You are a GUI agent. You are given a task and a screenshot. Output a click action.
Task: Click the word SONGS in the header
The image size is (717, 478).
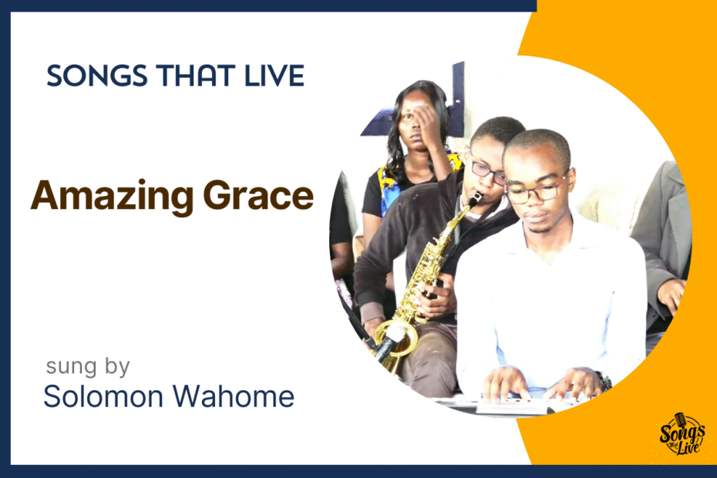[x=97, y=76]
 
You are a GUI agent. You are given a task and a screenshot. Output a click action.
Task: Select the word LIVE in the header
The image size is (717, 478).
[x=274, y=76]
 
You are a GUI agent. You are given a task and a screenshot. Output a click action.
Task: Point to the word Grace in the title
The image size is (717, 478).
[x=258, y=195]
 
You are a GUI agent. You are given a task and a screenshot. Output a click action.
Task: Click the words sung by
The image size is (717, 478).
[x=88, y=367]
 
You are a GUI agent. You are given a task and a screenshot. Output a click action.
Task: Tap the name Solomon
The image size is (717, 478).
[x=103, y=396]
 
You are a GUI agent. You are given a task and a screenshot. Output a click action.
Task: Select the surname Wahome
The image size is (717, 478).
[x=233, y=396]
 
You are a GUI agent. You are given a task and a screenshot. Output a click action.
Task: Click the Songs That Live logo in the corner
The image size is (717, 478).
[x=682, y=435]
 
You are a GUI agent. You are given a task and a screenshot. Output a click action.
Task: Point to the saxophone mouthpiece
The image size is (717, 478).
[x=476, y=200]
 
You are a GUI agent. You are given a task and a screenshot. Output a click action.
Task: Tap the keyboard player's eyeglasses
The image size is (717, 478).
[x=536, y=191]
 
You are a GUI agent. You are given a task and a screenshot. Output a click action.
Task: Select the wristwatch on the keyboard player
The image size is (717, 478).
[x=604, y=381]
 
